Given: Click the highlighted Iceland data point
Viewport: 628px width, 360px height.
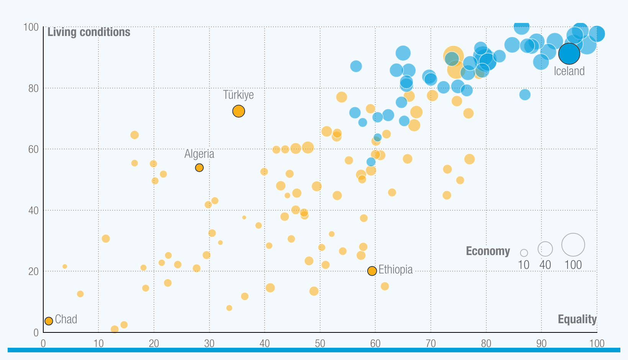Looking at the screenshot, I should tap(569, 54).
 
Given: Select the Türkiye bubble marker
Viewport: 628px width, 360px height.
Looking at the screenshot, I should tap(239, 111).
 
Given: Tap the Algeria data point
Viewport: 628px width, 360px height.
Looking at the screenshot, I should tap(199, 168).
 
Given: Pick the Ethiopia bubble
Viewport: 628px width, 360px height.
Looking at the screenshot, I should tap(372, 271).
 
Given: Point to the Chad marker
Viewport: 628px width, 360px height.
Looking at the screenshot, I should tap(49, 321).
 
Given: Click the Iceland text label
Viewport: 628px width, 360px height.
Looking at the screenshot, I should tap(569, 71).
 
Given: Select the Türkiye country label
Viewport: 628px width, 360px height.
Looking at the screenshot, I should tap(239, 95).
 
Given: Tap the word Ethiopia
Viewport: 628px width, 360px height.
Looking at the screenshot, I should tap(396, 270).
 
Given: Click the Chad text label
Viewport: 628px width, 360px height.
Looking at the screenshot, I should tap(66, 319).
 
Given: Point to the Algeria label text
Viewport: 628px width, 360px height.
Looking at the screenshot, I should tap(199, 154).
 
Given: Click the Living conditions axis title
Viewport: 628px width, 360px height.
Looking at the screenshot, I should tap(89, 32).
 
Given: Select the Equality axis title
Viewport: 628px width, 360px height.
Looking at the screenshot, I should tap(577, 319).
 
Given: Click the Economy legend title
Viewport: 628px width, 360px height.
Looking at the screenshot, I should tap(488, 251).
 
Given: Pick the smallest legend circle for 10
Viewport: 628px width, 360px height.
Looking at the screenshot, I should tap(524, 253).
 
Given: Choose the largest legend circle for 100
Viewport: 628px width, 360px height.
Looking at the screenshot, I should tap(573, 245).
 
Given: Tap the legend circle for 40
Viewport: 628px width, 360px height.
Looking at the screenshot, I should tap(545, 249).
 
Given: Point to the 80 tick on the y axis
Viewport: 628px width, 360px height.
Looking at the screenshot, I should tap(33, 88).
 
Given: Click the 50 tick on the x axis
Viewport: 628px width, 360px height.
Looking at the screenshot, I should tap(320, 344).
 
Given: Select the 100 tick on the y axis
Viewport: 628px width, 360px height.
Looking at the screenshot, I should tap(31, 27).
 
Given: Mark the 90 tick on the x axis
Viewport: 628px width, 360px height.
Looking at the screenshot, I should tap(541, 344).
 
